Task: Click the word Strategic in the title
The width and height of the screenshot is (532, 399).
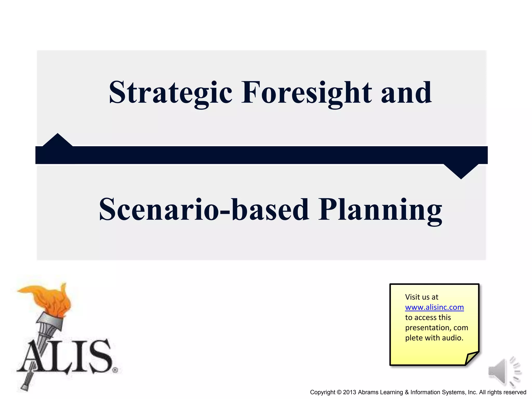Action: point(170,93)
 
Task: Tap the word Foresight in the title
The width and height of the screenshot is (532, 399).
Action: point(307,93)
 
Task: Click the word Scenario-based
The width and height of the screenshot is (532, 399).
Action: point(204,210)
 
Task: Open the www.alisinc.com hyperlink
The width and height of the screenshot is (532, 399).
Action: point(434,307)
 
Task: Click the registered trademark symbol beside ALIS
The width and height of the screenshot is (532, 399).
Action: point(115,370)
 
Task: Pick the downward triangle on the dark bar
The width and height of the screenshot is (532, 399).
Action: point(461,171)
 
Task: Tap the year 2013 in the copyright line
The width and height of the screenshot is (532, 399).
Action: point(350,392)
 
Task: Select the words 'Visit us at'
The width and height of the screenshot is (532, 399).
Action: point(422,297)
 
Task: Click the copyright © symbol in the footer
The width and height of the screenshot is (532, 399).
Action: point(339,392)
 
